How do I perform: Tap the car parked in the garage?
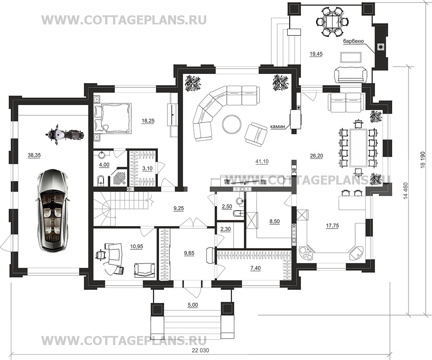coord(52,210)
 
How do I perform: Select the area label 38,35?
coord(34,155)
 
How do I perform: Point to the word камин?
coord(278,127)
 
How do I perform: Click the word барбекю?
coord(354,41)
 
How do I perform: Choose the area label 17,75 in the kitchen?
coord(332,226)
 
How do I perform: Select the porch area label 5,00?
coord(193,305)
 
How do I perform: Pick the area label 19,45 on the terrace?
coord(316,54)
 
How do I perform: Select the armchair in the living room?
coord(256,135)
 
